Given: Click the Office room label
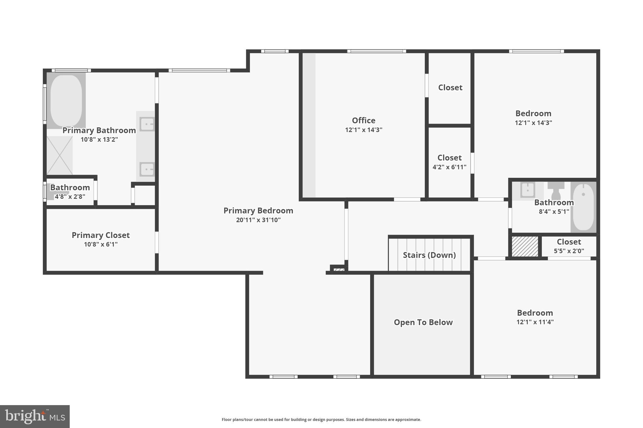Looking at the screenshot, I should coord(363,120).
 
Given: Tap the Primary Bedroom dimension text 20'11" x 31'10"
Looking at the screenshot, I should coord(258,220).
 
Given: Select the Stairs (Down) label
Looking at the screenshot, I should coord(429,255).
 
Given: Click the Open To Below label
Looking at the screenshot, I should coord(423,322).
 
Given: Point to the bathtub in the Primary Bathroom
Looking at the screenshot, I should coord(66,100).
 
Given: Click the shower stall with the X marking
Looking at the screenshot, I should coord(60,155).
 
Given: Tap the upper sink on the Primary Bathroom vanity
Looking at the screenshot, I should coord(147,124).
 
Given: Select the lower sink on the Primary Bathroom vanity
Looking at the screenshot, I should coord(147,169).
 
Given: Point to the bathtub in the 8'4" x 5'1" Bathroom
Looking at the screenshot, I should coord(583,207).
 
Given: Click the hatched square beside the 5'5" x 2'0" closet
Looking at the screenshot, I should coord(525,246).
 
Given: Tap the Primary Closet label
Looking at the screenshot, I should coord(100,235).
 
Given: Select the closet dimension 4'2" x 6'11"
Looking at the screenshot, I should coord(449,167).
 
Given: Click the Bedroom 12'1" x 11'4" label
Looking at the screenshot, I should coord(535,313).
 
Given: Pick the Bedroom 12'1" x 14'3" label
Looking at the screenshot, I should coord(533,114).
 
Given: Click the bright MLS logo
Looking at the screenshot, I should coord(35,416).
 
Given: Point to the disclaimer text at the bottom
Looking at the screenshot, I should coord(321,420).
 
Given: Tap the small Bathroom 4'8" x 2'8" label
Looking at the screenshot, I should coord(70,188).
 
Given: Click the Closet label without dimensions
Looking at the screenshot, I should coord(450,87).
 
